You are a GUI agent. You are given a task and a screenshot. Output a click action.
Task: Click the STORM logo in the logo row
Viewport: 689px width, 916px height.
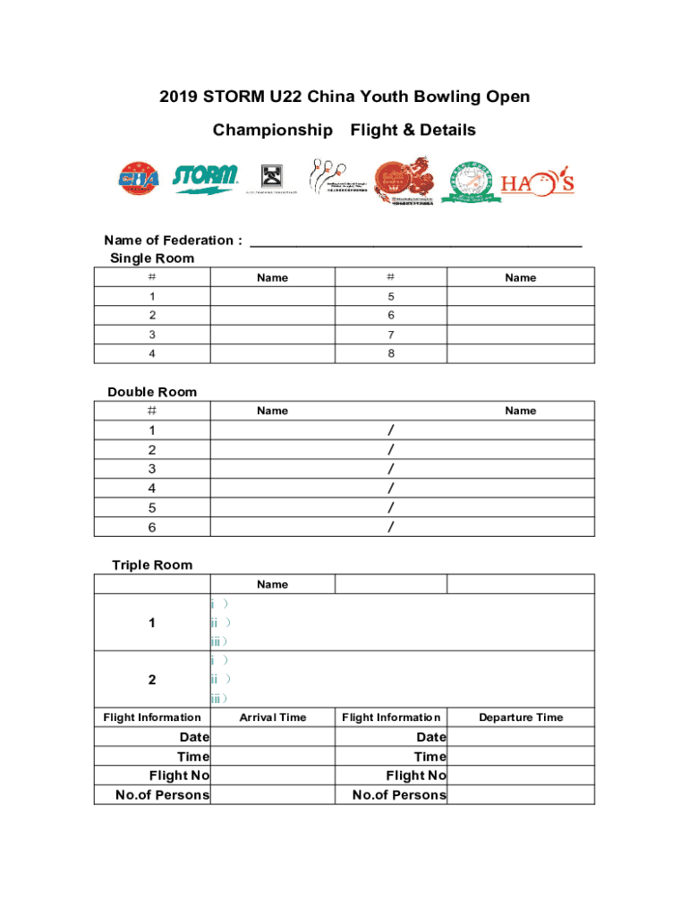205,178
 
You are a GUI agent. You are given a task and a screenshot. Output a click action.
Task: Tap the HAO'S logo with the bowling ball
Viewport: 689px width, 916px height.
537,183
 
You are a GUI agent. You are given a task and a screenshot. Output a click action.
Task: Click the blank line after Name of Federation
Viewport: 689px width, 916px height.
416,241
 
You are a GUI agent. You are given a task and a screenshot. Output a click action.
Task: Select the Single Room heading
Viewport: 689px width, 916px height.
152,259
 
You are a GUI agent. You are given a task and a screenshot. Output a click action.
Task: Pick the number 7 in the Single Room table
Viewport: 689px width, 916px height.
390,335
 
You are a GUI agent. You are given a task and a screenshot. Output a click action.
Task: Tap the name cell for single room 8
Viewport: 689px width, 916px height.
520,353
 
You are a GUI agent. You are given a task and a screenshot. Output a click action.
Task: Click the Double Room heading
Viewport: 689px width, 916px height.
152,392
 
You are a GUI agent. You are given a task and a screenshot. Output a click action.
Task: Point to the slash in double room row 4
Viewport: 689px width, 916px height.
390,488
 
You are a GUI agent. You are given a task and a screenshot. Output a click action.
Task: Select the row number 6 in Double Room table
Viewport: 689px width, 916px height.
152,527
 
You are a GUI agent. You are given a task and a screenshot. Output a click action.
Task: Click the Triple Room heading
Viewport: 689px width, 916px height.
152,565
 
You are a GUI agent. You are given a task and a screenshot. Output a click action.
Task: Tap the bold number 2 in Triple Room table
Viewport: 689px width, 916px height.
152,680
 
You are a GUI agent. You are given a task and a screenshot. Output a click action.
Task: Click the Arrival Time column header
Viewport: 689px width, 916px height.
272,717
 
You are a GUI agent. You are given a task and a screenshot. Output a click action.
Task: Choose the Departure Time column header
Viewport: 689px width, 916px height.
520,717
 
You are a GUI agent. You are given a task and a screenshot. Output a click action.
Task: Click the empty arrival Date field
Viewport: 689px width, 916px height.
272,737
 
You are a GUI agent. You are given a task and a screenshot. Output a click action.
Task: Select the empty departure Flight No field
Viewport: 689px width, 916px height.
520,776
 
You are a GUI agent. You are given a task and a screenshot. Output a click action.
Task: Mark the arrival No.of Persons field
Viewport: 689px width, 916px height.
272,794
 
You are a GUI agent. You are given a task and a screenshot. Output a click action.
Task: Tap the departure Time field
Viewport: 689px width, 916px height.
520,757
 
